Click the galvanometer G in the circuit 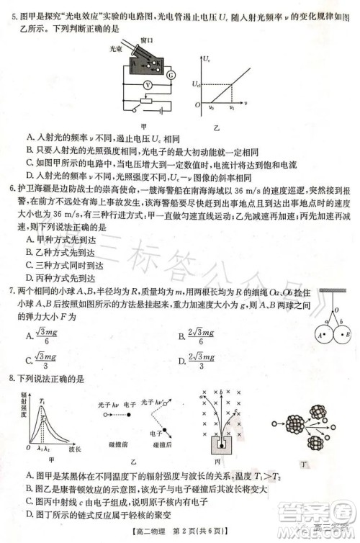point(171,75)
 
